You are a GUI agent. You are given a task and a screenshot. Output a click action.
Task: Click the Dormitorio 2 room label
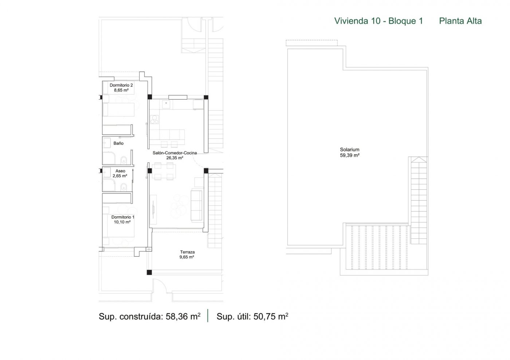121,85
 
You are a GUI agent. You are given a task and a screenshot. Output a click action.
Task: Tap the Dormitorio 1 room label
123,217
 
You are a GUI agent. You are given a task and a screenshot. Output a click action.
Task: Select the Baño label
118,143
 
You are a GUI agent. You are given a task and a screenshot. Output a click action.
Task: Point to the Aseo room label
120,171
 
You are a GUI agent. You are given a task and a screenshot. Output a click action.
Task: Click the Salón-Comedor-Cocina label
174,153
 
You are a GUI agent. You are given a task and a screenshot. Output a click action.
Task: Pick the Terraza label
187,252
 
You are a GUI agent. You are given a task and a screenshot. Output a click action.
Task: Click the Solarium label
350,150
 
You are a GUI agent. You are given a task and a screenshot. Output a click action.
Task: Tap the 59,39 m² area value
350,155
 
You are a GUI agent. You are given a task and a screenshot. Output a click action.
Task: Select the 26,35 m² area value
175,158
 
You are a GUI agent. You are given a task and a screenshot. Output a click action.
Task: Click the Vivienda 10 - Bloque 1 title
378,21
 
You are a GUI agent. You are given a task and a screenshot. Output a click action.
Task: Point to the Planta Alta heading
460,21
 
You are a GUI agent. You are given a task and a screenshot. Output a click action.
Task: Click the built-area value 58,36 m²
183,316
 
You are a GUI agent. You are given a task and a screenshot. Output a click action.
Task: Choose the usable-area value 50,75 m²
271,316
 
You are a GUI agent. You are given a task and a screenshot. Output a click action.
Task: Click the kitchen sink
166,104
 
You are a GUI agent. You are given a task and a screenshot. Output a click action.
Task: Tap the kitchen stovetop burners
154,119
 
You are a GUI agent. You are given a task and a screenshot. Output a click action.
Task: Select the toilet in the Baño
123,160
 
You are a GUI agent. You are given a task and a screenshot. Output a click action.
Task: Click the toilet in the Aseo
123,187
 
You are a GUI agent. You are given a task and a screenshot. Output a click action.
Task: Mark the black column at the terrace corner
149,272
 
